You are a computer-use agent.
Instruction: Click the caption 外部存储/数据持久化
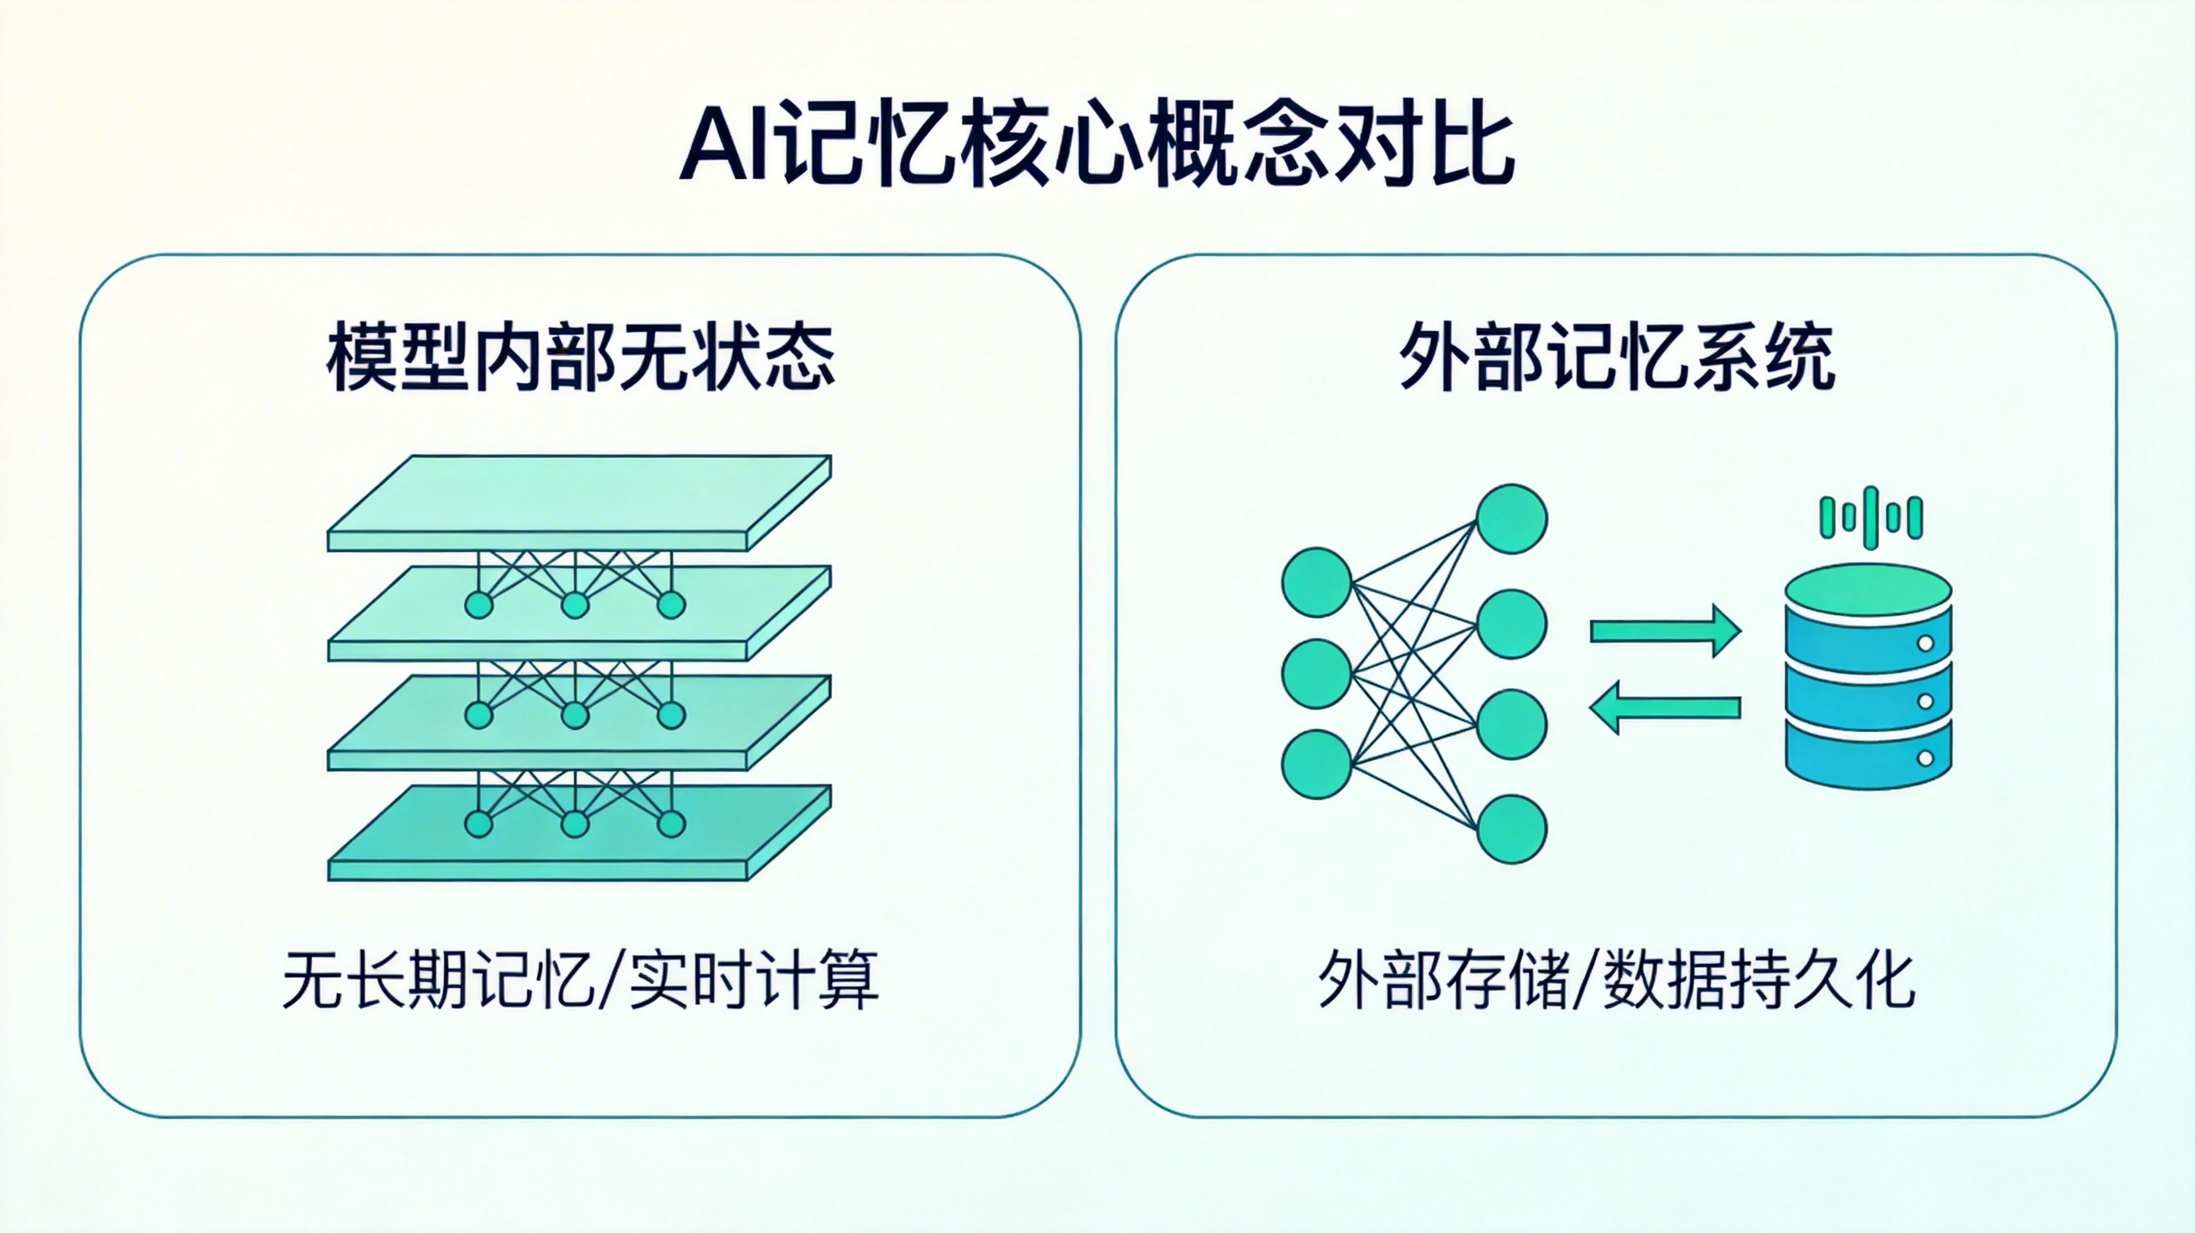1615,981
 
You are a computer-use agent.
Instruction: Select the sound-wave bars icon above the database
1871,516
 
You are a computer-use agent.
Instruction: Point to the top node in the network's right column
1511,519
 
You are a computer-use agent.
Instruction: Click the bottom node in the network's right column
1511,828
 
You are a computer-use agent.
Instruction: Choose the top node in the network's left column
1316,582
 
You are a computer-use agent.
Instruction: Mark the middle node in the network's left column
1316,674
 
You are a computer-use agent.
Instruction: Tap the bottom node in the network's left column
1316,764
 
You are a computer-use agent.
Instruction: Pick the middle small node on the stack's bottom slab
575,824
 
